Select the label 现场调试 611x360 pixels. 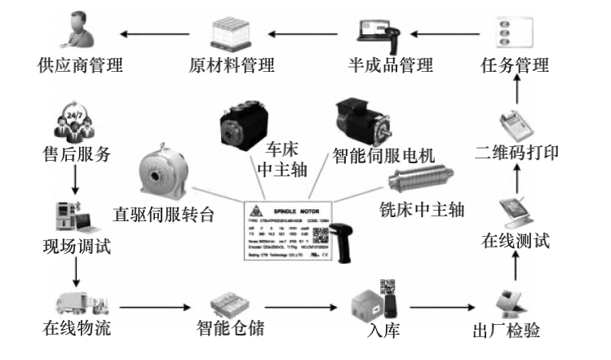(x=75, y=244)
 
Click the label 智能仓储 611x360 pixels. (x=232, y=331)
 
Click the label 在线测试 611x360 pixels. (x=515, y=241)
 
